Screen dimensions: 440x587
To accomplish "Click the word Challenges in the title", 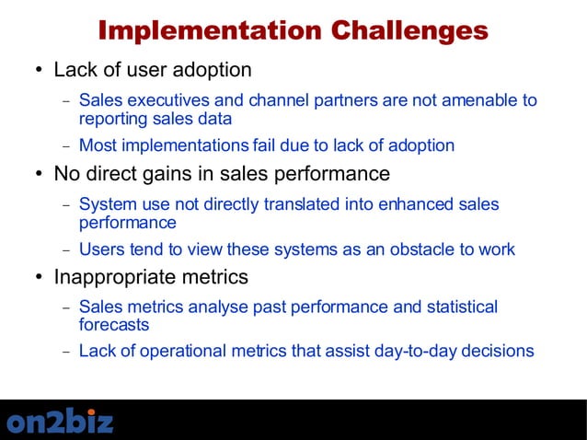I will (409, 30).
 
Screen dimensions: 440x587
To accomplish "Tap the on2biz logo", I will (61, 422).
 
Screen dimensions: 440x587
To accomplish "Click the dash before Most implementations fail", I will (65, 146).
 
